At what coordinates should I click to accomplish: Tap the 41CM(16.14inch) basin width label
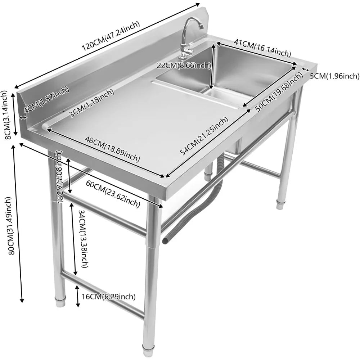click(x=262, y=48)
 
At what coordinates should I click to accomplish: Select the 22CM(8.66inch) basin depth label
click(x=184, y=66)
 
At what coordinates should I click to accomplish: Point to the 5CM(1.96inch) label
click(x=334, y=76)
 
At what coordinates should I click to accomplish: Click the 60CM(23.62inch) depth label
click(x=113, y=194)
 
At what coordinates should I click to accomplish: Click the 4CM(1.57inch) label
click(x=46, y=100)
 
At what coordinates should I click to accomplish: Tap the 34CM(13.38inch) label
click(x=84, y=239)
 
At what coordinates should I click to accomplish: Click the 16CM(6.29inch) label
click(x=109, y=296)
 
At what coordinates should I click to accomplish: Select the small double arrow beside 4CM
click(x=22, y=118)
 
